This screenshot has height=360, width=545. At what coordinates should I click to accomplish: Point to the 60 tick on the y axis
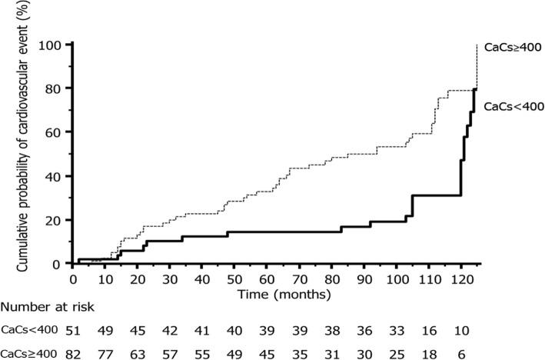[x=54, y=132]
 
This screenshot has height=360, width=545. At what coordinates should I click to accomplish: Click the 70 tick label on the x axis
[x=298, y=278]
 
